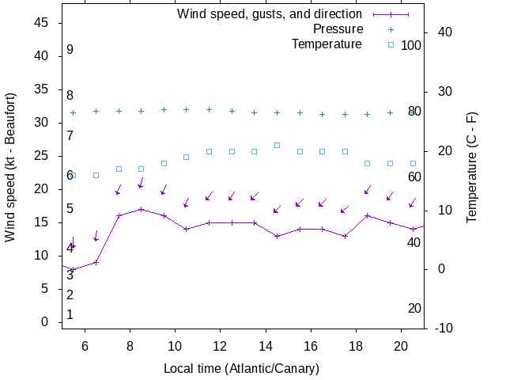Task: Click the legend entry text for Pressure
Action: (327, 29)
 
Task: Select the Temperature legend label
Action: (327, 44)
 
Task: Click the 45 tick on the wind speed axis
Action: (43, 23)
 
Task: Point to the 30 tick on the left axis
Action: (43, 123)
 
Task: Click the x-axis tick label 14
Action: (266, 345)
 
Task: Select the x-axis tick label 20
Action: (401, 345)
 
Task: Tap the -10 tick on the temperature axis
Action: (444, 328)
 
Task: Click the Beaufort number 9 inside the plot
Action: (70, 50)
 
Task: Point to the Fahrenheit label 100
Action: (411, 45)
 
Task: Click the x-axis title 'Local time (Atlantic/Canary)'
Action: (241, 368)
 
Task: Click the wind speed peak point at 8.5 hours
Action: (141, 209)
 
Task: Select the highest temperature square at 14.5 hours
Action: (277, 145)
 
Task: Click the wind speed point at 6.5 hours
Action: (96, 262)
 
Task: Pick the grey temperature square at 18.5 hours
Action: (367, 163)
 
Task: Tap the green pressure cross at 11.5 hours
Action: (209, 109)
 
